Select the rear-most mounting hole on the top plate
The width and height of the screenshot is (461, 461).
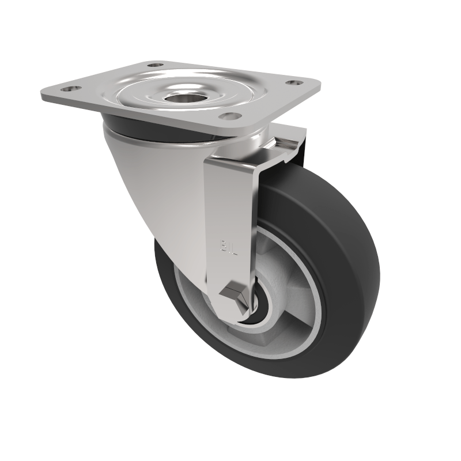click(x=155, y=65)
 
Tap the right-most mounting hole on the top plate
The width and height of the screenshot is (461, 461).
click(x=294, y=84)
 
